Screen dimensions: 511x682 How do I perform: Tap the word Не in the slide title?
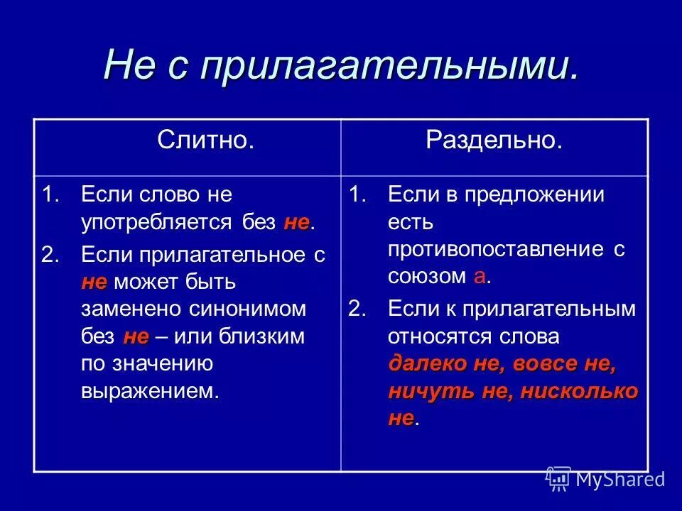pyautogui.click(x=130, y=65)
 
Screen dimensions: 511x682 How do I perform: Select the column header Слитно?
pyautogui.click(x=206, y=140)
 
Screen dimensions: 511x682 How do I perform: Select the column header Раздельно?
pyautogui.click(x=494, y=140)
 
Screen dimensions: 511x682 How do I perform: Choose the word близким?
pyautogui.click(x=270, y=336)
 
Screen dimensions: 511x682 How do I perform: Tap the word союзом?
pyautogui.click(x=427, y=277)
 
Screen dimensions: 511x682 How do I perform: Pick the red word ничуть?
pyautogui.click(x=419, y=391)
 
